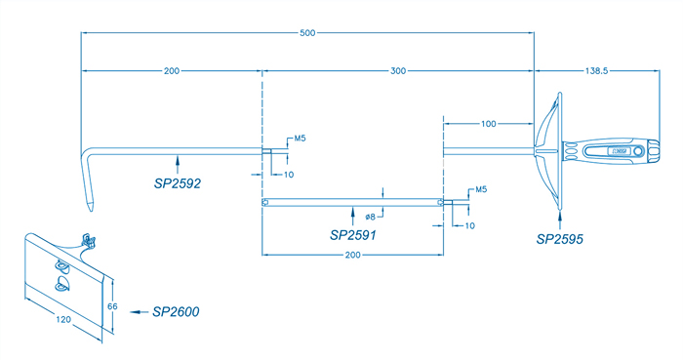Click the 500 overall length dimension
[307, 32]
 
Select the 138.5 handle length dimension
[596, 70]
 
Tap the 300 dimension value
[398, 70]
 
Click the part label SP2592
[178, 183]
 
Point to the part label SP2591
[353, 235]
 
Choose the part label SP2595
[560, 239]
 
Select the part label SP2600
[176, 311]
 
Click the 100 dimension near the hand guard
[488, 124]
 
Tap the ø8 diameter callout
[370, 217]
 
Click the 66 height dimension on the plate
[112, 306]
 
